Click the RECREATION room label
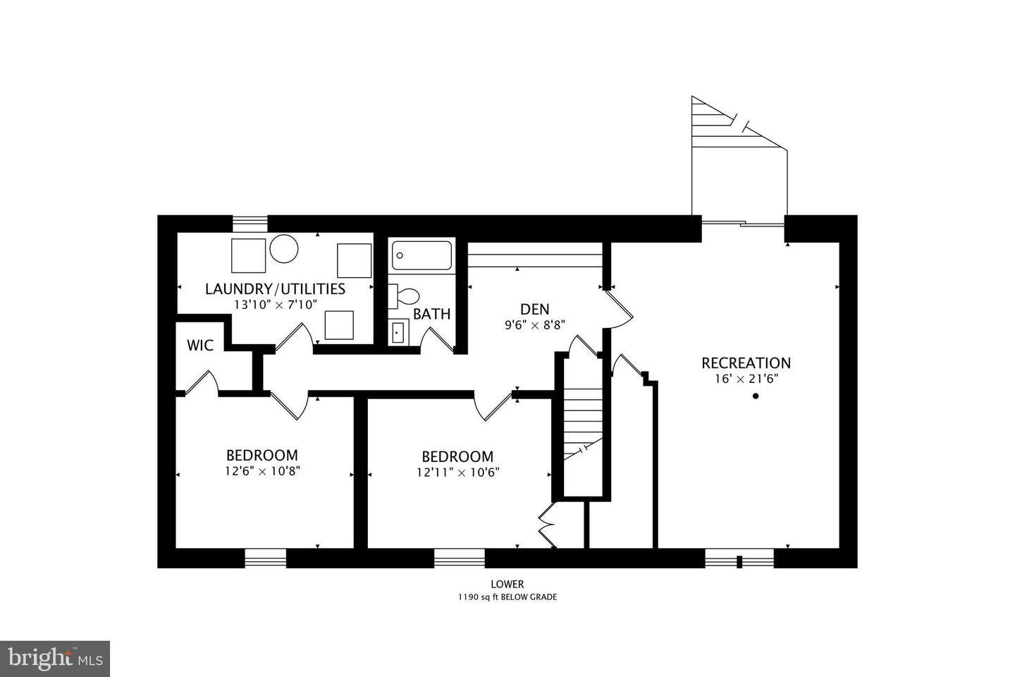point(746,362)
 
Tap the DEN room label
point(534,309)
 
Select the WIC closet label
point(200,346)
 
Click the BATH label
point(431,315)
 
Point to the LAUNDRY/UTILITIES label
point(275,288)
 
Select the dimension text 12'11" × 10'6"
point(457,472)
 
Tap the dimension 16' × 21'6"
point(745,379)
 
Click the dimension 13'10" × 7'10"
point(276,304)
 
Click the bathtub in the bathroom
point(422,255)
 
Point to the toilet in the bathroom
point(405,295)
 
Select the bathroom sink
point(398,331)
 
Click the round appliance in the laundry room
point(284,248)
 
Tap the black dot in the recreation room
point(756,396)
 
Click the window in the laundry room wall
point(250,223)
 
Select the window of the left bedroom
point(266,559)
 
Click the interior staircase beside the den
point(582,423)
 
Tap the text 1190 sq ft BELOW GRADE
point(508,597)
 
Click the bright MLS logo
point(54,659)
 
